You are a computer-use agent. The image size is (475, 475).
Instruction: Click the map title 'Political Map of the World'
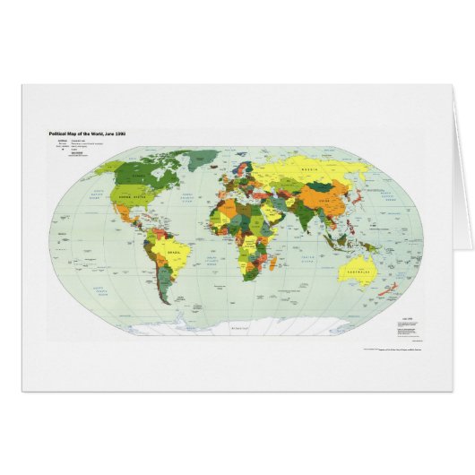pyautogui.click(x=86, y=133)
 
